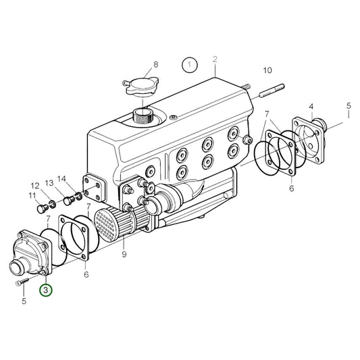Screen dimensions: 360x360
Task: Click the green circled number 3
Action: pyautogui.click(x=45, y=290)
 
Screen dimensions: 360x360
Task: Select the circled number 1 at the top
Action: pyautogui.click(x=190, y=65)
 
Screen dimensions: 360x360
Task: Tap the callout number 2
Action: pyautogui.click(x=215, y=59)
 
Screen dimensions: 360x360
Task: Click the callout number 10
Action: pyautogui.click(x=267, y=70)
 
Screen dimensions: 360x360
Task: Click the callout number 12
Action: pyautogui.click(x=34, y=185)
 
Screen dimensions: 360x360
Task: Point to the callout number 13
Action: pyautogui.click(x=50, y=183)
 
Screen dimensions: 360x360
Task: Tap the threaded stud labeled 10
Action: pyautogui.click(x=261, y=88)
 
